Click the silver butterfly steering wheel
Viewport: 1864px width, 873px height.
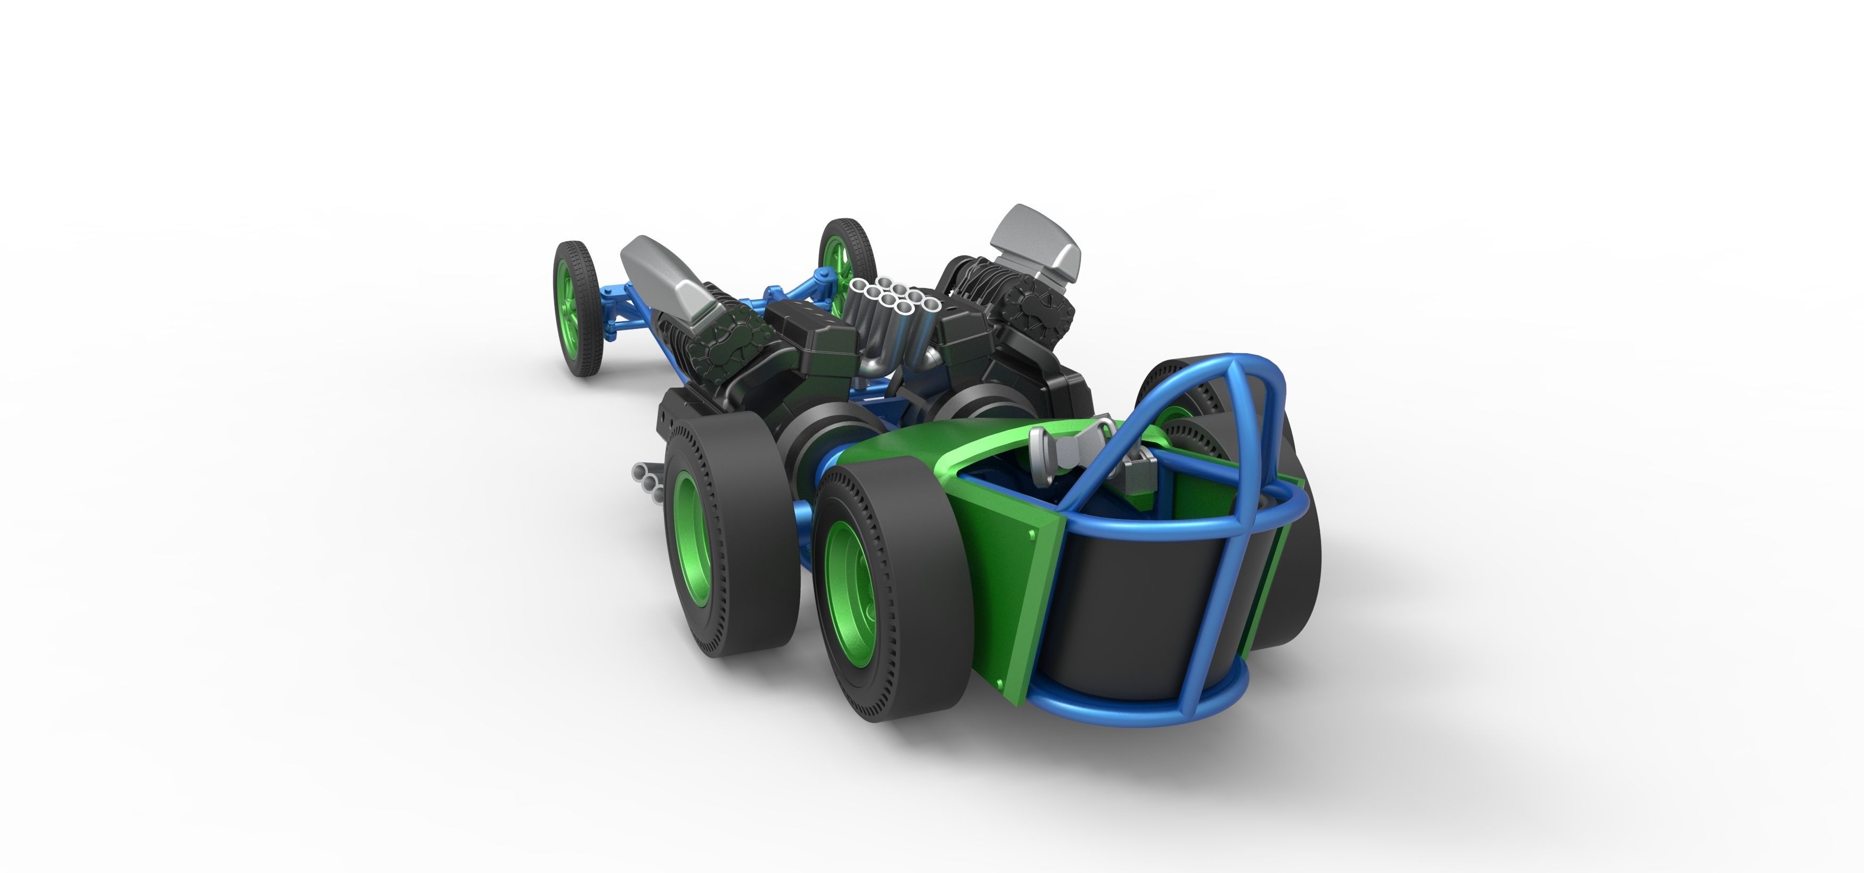click(1070, 448)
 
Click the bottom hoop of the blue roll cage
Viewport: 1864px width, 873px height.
click(1129, 712)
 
